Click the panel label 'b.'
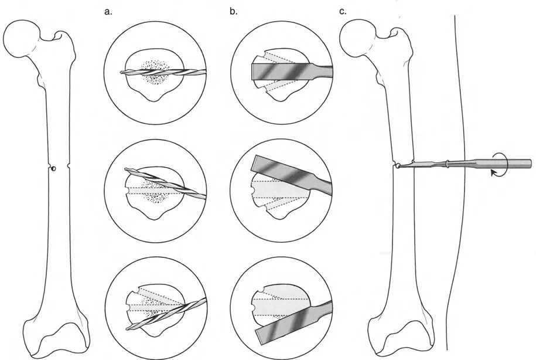[x=234, y=11]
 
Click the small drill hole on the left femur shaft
[x=53, y=169]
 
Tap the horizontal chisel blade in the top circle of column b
[x=287, y=71]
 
